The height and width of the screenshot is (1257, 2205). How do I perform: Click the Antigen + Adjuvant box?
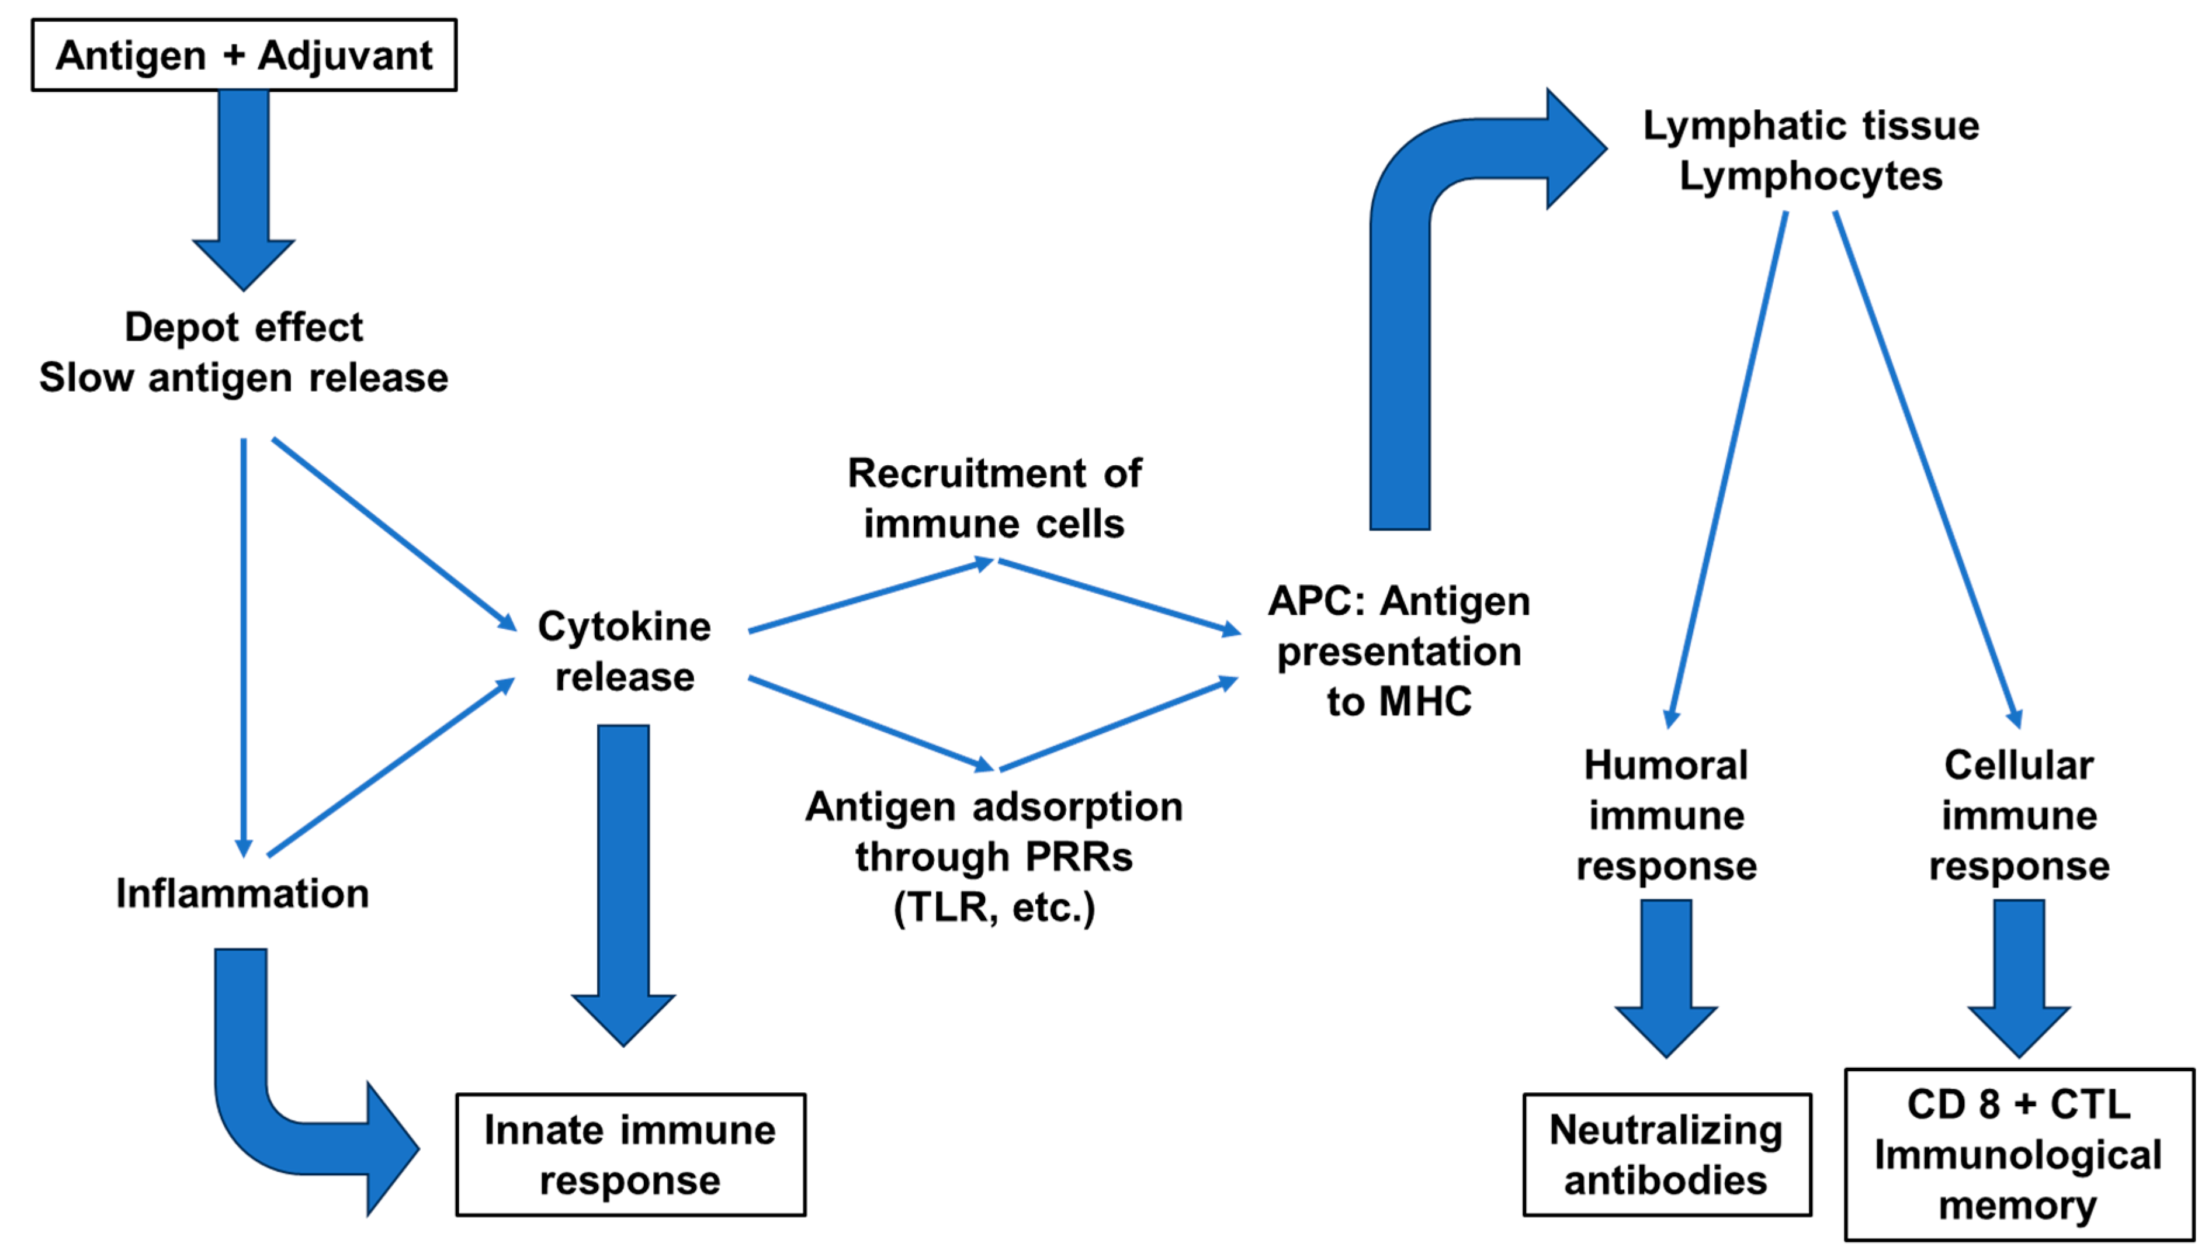(x=244, y=56)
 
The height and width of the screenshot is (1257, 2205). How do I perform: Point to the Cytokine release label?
(x=624, y=651)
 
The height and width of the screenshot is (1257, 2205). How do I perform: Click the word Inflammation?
(x=242, y=893)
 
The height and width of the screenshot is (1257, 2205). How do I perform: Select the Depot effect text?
(x=244, y=327)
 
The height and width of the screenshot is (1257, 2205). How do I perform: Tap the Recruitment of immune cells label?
(x=994, y=498)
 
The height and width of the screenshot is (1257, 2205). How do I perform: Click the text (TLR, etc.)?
(x=994, y=908)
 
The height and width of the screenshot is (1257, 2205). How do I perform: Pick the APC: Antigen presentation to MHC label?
(x=1399, y=651)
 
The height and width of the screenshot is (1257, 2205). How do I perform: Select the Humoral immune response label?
(x=1666, y=815)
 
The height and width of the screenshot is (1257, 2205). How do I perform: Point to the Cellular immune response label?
(x=2019, y=815)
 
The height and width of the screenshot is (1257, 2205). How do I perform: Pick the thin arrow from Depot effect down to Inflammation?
(x=244, y=647)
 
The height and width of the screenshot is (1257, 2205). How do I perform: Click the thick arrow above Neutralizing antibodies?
(x=1666, y=975)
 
